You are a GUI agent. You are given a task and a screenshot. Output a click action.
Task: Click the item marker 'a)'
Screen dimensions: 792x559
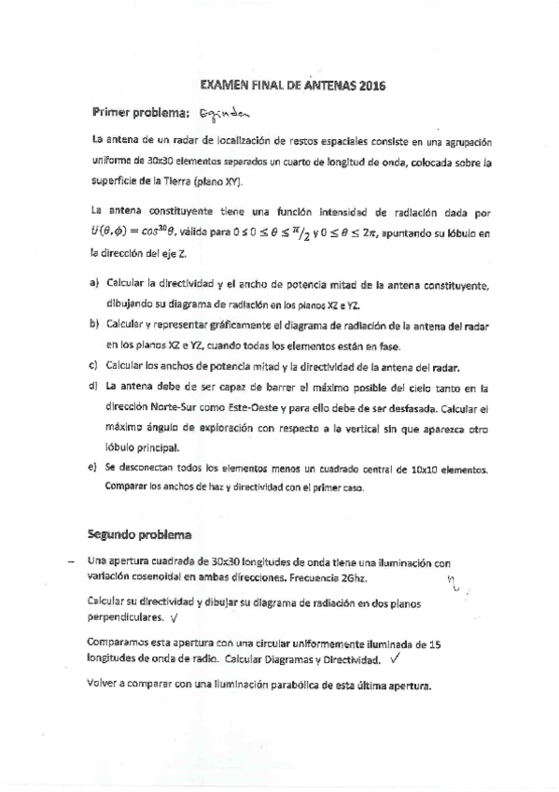coord(93,283)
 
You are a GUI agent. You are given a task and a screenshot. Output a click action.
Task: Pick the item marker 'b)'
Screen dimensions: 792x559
coord(93,323)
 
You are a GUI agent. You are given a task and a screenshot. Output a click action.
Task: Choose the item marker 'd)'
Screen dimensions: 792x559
coord(93,385)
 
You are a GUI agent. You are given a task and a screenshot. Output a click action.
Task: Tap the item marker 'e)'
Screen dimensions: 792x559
coord(93,466)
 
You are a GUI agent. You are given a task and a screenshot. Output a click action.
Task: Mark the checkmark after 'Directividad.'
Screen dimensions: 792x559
coord(397,658)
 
